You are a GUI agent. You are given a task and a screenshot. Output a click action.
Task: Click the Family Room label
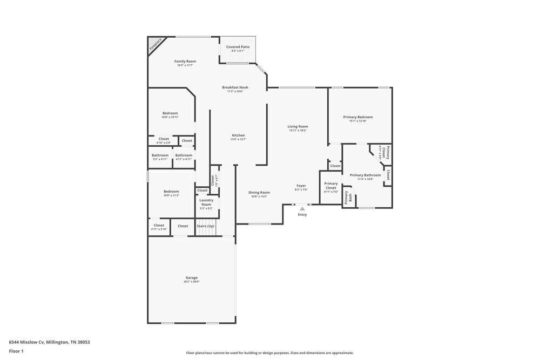[x=184, y=62]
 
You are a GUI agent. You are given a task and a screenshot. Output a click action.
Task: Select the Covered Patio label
[x=238, y=47]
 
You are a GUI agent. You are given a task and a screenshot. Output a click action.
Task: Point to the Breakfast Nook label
[x=235, y=87]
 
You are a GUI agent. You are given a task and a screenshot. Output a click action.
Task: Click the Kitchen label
[x=238, y=135]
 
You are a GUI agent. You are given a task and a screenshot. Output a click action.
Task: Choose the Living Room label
[x=297, y=127]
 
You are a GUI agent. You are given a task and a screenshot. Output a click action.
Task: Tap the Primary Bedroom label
[x=357, y=117]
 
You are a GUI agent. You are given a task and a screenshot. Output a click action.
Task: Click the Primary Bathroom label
[x=365, y=175]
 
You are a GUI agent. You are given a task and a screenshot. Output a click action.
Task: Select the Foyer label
[x=301, y=186]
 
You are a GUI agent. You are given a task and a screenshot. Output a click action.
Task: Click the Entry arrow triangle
[x=302, y=209]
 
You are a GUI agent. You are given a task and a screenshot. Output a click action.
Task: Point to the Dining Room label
[x=259, y=193]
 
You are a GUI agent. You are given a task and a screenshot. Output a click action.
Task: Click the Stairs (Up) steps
[x=205, y=230]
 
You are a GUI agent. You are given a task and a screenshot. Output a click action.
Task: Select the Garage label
[x=192, y=278]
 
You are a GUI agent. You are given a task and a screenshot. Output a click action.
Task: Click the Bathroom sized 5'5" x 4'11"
[x=160, y=155]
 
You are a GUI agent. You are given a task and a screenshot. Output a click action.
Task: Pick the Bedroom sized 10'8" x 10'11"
[x=170, y=113]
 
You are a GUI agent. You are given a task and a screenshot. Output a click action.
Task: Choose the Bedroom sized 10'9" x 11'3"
[x=171, y=192]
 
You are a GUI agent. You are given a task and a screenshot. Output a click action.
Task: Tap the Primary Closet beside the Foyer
[x=330, y=186]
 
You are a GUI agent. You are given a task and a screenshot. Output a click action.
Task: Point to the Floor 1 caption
[x=16, y=351]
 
